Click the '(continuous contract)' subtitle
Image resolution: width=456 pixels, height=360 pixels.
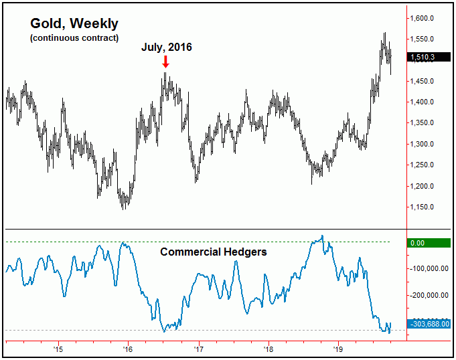click(74, 37)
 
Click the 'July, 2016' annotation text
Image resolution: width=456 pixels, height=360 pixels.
click(167, 48)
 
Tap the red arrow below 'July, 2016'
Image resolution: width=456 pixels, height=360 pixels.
click(166, 62)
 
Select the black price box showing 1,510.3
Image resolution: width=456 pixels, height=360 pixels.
click(429, 58)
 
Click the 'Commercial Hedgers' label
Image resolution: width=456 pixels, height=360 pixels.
click(214, 252)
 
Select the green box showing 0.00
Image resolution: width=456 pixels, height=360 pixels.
click(429, 242)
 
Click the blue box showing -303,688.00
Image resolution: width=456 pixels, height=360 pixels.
click(429, 324)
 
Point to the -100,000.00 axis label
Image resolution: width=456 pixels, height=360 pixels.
click(429, 268)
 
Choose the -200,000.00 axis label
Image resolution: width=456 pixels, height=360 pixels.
click(429, 295)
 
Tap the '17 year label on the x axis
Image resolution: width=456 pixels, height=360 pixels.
click(199, 349)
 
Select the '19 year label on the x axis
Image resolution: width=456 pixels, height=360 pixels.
click(338, 349)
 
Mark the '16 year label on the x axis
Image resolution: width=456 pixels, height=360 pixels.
click(128, 349)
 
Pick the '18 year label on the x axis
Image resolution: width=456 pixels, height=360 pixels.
click(269, 349)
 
